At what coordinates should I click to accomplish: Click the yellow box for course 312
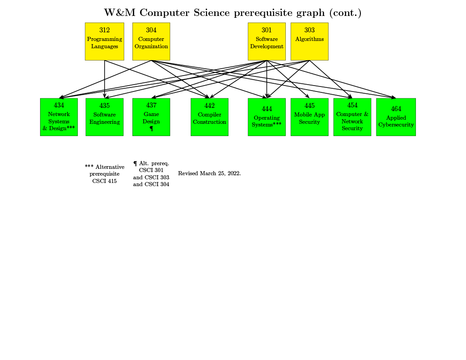[x=104, y=41]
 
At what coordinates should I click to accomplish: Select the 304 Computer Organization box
[x=151, y=41]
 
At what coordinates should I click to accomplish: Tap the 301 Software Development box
[x=267, y=41]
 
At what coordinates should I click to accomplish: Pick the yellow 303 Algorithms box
[x=309, y=41]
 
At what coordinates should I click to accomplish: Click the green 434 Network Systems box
[x=59, y=117]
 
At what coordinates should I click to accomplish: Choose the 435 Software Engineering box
[x=104, y=117]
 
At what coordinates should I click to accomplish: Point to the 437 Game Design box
[x=151, y=117]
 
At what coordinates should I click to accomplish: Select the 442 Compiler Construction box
[x=209, y=117]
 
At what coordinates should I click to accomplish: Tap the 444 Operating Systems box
[x=267, y=117]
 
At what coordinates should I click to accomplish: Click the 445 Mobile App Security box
[x=309, y=117]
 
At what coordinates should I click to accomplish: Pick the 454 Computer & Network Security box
[x=352, y=117]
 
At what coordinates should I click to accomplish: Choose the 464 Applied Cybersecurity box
[x=396, y=117]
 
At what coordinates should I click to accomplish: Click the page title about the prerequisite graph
[x=233, y=13]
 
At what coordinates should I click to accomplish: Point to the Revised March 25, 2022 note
[x=209, y=173]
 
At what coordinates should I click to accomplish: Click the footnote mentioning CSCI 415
[x=104, y=174]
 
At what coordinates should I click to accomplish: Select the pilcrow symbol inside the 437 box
[x=151, y=129]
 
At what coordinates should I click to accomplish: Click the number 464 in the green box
[x=396, y=109]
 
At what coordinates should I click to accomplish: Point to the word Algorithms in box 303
[x=309, y=39]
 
